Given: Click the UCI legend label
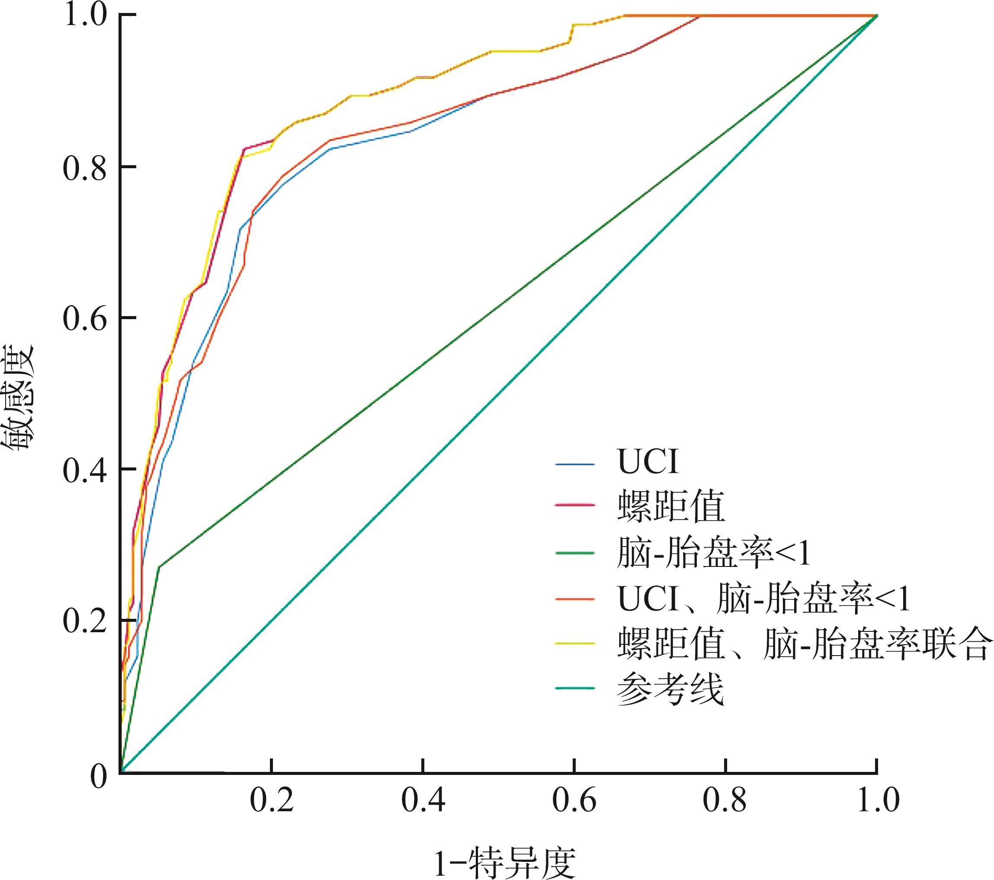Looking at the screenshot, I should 648,462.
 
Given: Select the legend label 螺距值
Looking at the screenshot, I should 671,507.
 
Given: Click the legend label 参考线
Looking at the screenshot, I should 670,689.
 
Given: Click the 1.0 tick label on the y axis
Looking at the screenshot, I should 84,16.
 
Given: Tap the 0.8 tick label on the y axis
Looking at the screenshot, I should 84,168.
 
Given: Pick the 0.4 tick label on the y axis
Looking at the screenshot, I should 84,470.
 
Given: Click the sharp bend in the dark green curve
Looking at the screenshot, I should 159,567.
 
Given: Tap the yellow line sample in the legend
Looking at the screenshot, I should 575,643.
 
